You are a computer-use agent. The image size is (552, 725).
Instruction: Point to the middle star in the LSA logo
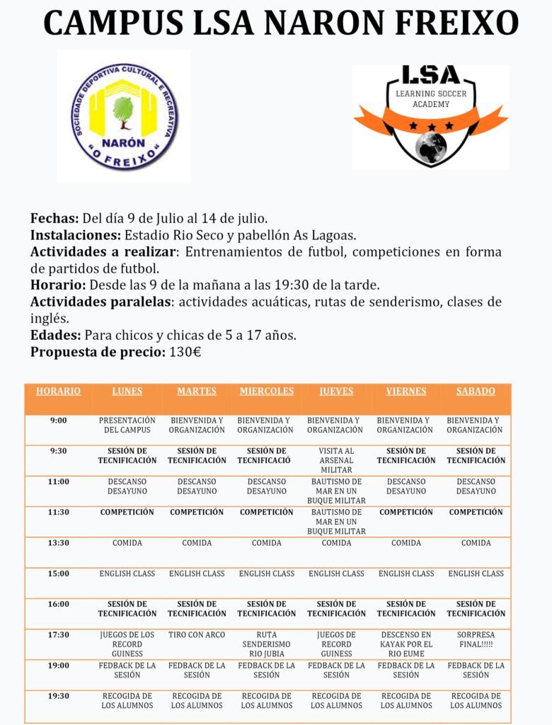click(x=430, y=125)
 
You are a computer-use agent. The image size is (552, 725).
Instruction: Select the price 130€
click(x=185, y=352)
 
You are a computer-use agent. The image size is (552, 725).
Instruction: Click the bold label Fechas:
click(x=54, y=218)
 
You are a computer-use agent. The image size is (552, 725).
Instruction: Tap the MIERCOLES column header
click(x=266, y=392)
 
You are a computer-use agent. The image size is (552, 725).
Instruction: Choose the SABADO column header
click(x=476, y=392)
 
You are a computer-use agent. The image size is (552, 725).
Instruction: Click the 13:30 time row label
click(x=59, y=543)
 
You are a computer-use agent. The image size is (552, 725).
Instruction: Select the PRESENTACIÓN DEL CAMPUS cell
click(x=127, y=426)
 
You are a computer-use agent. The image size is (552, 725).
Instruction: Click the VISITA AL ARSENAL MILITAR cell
click(x=336, y=460)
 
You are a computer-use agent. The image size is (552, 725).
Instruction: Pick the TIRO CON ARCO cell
click(x=197, y=635)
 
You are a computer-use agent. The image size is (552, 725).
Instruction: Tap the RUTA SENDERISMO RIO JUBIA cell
click(x=266, y=644)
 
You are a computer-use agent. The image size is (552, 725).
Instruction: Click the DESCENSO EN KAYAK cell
click(x=406, y=644)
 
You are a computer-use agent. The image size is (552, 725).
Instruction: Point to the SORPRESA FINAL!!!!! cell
click(x=476, y=639)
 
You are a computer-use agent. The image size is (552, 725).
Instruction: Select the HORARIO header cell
click(x=59, y=392)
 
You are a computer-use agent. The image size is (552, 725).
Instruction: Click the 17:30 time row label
click(x=59, y=635)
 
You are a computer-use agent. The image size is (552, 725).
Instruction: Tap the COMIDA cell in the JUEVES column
click(x=336, y=543)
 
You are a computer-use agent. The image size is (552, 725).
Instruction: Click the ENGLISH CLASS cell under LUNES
click(x=127, y=573)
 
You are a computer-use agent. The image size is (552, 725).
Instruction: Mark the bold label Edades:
click(x=56, y=336)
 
